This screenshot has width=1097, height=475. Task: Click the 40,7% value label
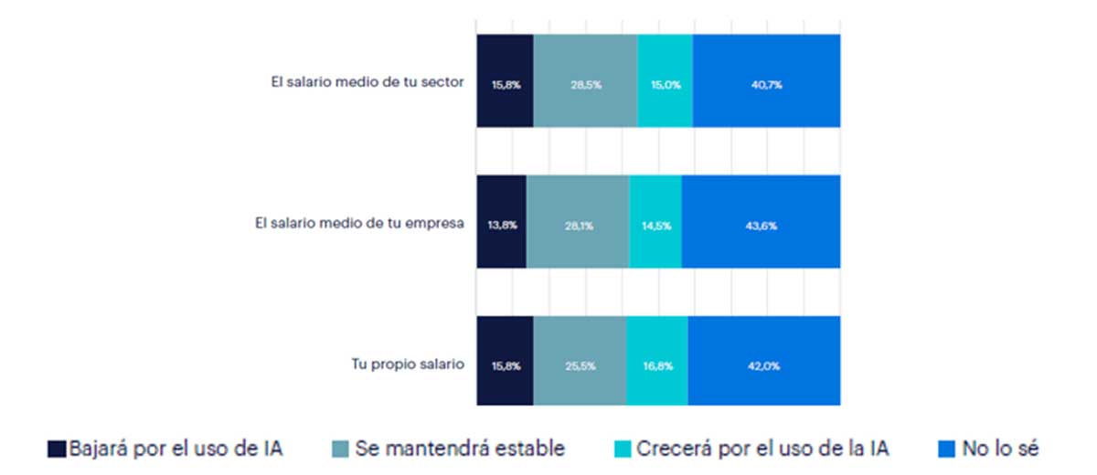coord(766,85)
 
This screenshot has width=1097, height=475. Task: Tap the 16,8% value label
coord(657,366)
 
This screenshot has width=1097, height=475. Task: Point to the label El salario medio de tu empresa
coord(359,222)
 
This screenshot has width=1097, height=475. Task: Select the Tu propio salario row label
coord(409,363)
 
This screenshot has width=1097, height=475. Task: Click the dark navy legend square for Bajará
coord(57,449)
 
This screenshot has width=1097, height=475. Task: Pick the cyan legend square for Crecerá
coord(622,449)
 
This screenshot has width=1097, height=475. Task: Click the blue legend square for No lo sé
coord(946,449)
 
